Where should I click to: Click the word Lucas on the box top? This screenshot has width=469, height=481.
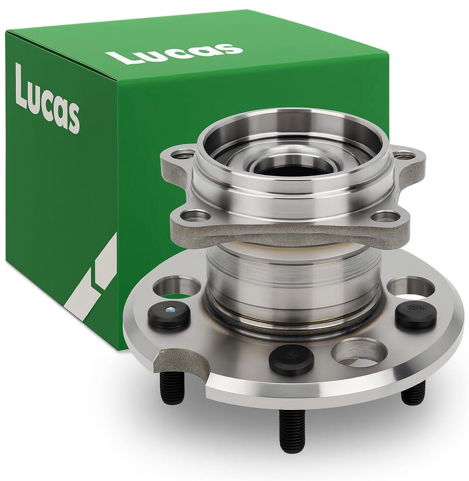(x=174, y=52)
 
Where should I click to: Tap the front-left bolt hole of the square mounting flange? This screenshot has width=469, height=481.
(x=192, y=216)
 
